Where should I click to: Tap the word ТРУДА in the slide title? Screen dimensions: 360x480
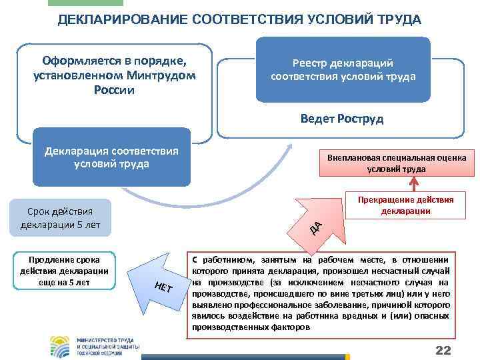[x=397, y=19]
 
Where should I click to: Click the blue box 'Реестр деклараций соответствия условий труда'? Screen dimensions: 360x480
[x=343, y=69]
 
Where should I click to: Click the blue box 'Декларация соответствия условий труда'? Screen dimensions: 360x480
[x=111, y=157]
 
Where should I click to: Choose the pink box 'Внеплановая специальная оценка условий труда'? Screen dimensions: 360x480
[x=397, y=163]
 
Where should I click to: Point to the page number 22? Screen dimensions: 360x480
[x=443, y=351]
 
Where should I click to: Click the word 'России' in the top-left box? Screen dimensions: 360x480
[x=115, y=89]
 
